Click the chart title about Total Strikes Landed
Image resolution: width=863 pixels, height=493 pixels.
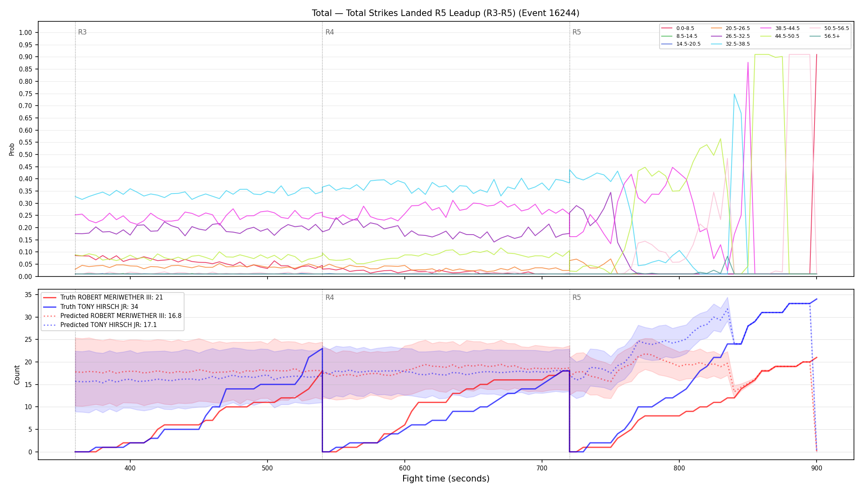click(445, 13)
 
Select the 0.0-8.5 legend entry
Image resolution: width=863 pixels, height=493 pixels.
click(678, 28)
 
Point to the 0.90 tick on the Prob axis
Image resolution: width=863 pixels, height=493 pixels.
click(25, 57)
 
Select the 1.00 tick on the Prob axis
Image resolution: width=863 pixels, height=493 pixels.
click(25, 33)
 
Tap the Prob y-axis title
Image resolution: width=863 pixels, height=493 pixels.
click(12, 149)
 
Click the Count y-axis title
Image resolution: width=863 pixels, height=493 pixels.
click(17, 375)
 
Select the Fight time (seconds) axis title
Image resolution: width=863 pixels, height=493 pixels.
click(446, 479)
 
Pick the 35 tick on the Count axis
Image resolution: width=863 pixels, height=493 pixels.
click(28, 295)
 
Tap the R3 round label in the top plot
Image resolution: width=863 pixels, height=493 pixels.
click(82, 32)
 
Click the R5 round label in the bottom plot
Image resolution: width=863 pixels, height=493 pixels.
click(577, 297)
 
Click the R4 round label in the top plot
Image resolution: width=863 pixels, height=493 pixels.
click(330, 32)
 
